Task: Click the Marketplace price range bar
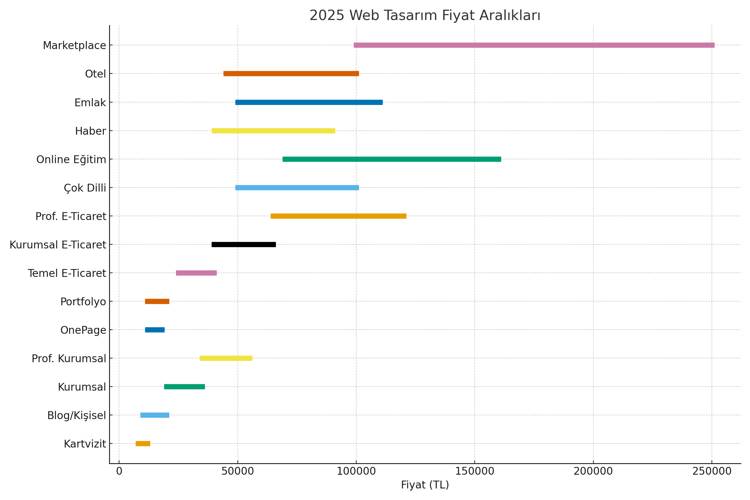534,45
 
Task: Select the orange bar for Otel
291,74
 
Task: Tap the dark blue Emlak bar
309,102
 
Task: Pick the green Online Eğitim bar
392,159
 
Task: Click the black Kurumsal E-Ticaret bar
244,245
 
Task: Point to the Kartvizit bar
143,443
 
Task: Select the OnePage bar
155,330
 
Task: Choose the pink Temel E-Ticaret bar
196,273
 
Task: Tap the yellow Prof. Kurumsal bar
226,358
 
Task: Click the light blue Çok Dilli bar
297,187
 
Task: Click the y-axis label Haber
90,131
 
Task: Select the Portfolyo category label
83,302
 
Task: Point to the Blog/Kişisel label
77,416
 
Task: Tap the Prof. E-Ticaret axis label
71,217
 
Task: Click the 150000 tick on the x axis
474,471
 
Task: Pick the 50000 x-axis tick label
237,471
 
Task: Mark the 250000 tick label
712,471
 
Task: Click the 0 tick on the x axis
119,471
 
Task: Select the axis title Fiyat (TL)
425,485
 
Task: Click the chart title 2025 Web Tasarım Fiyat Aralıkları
425,15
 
